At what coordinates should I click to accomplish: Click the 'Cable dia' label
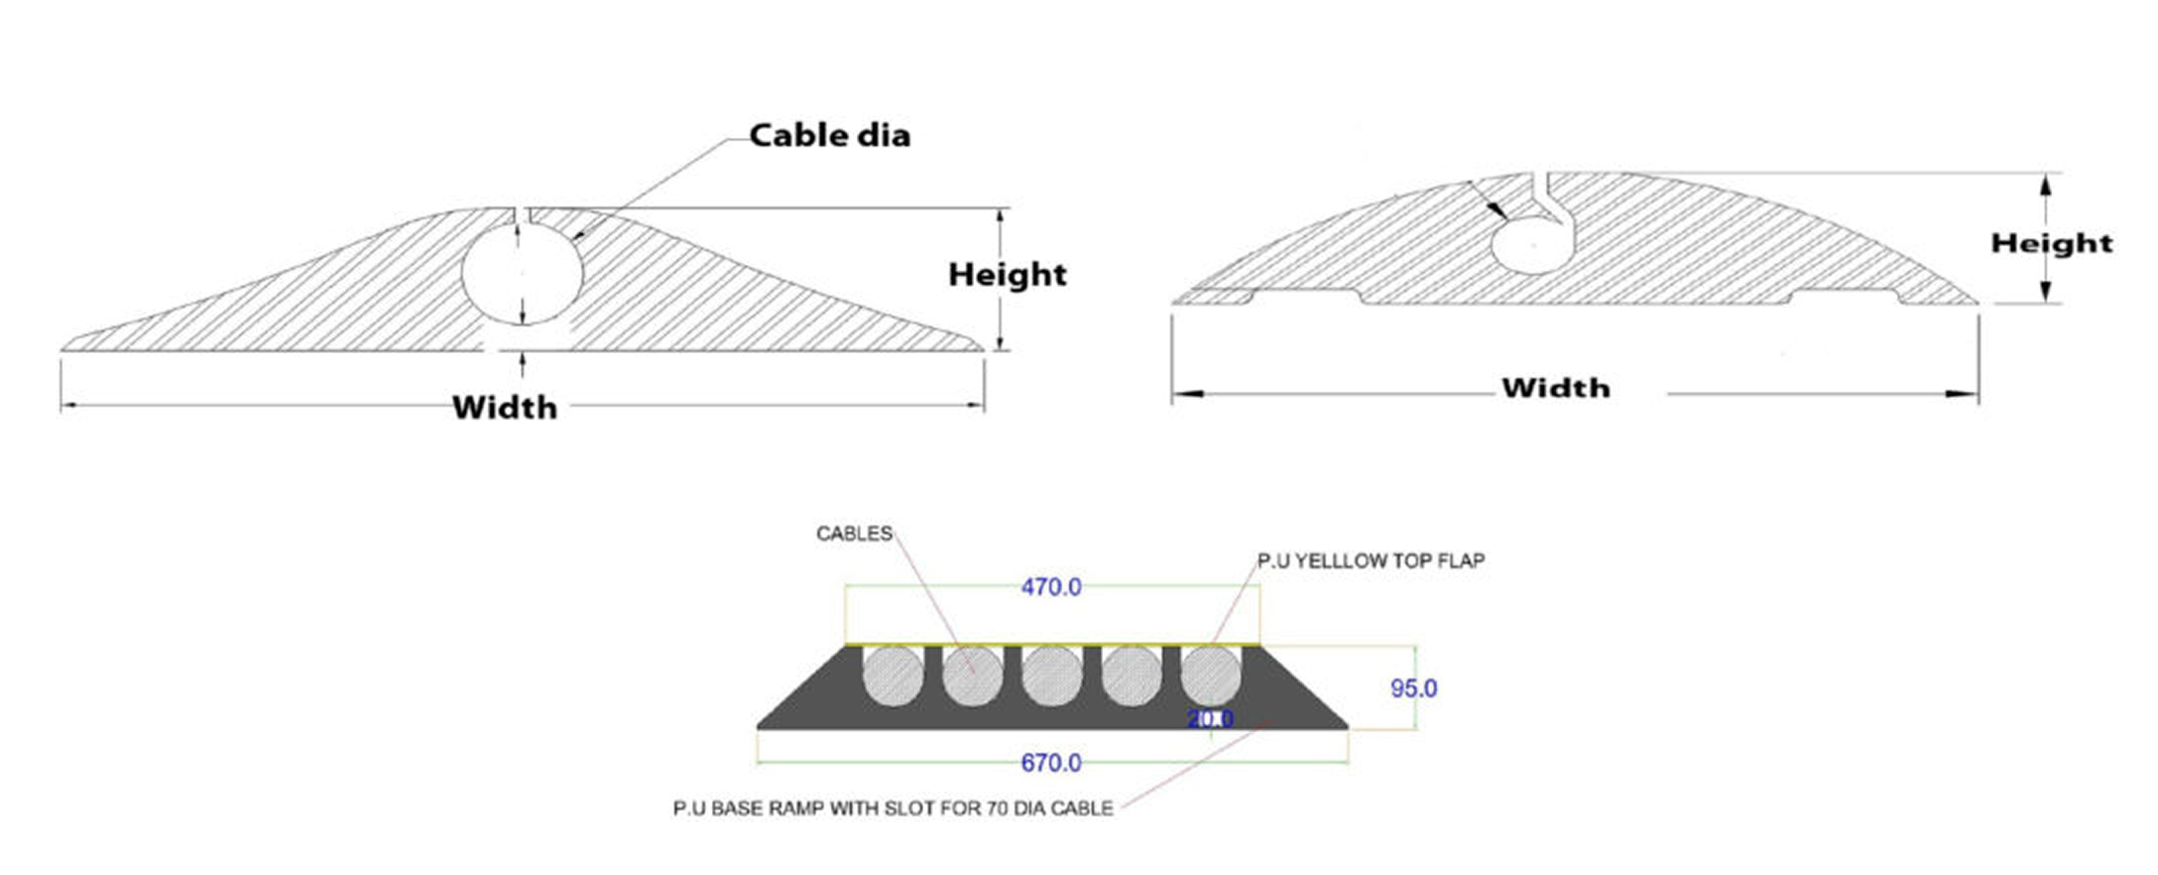[829, 135]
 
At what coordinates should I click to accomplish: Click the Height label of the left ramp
[1007, 275]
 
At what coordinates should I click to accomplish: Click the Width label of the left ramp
[505, 407]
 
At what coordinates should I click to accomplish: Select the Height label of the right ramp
[2051, 243]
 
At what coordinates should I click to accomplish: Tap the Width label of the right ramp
[1555, 388]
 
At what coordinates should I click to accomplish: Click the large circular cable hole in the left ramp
[522, 271]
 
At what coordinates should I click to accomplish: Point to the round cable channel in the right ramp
[1532, 244]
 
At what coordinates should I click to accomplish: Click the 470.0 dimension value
[1051, 587]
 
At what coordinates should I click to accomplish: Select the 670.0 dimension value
[1051, 763]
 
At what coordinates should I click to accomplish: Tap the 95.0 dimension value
[1413, 688]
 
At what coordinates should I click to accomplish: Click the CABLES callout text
[854, 534]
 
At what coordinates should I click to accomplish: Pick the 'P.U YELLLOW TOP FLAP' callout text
[1371, 561]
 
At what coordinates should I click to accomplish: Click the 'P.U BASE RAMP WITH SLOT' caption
[893, 809]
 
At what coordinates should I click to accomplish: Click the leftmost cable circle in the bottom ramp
[893, 677]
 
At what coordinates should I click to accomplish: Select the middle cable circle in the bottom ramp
[1052, 677]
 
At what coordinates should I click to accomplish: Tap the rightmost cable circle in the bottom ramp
[1211, 677]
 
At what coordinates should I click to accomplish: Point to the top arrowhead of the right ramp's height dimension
[2045, 183]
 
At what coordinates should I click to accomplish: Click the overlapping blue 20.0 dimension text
[1211, 718]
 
